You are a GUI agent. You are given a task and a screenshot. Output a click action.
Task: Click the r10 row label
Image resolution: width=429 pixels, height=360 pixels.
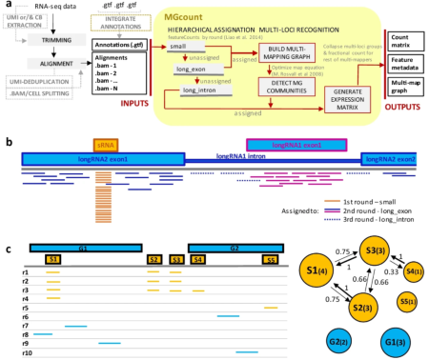point(26,352)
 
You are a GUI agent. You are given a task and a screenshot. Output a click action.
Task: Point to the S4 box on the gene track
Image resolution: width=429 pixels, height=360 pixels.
point(198,259)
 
